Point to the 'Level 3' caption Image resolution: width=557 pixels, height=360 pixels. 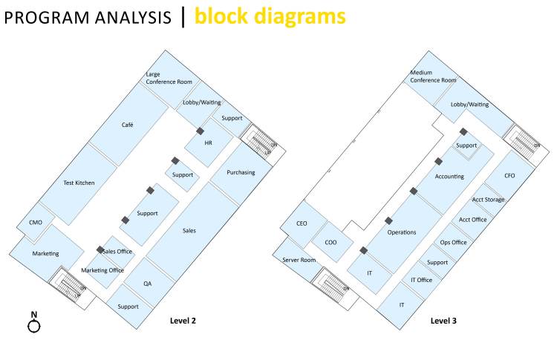click(x=444, y=321)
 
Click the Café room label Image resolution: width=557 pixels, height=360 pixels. click(x=128, y=125)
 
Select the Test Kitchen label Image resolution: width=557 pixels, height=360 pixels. click(x=79, y=183)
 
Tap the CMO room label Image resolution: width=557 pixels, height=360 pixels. click(x=36, y=223)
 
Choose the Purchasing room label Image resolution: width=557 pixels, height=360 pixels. click(x=241, y=173)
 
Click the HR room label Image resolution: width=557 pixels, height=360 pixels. click(x=209, y=143)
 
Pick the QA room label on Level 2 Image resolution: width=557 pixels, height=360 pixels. click(x=149, y=283)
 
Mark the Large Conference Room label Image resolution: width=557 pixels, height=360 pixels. click(x=169, y=78)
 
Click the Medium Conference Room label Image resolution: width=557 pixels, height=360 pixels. click(x=434, y=76)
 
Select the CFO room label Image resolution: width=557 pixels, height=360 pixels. click(x=509, y=176)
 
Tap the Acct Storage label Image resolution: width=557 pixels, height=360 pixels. click(x=488, y=200)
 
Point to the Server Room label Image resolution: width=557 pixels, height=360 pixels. click(x=299, y=260)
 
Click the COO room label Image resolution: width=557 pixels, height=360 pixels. click(x=330, y=242)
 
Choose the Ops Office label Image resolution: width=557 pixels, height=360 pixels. click(x=453, y=242)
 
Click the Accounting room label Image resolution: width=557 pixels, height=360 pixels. click(x=449, y=177)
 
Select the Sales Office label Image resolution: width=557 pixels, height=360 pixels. click(x=117, y=252)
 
